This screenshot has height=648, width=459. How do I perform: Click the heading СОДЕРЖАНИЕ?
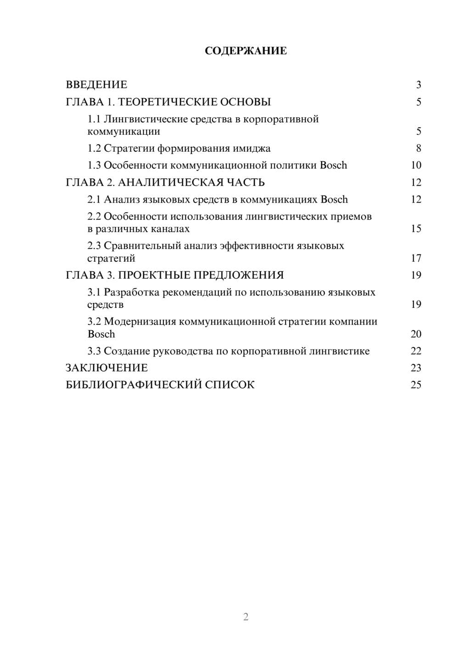pos(246,51)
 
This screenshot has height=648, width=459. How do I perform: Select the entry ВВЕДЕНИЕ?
pos(96,85)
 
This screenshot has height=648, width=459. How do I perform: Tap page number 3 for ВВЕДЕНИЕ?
pos(418,85)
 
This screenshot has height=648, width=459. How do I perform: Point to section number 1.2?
pos(94,148)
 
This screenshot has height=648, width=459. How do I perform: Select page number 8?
pos(418,148)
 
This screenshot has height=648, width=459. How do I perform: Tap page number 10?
pos(416,165)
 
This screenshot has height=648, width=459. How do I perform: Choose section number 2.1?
pos(94,199)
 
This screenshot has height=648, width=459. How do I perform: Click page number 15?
pos(416,229)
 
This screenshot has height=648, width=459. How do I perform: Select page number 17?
pos(416,258)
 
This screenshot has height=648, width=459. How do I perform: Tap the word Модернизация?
pos(140,322)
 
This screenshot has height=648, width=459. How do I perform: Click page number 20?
pos(416,334)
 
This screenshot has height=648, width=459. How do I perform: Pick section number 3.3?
pos(94,351)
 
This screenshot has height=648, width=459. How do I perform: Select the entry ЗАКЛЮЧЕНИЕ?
pos(106,368)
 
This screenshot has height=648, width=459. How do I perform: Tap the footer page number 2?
pos(246,617)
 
